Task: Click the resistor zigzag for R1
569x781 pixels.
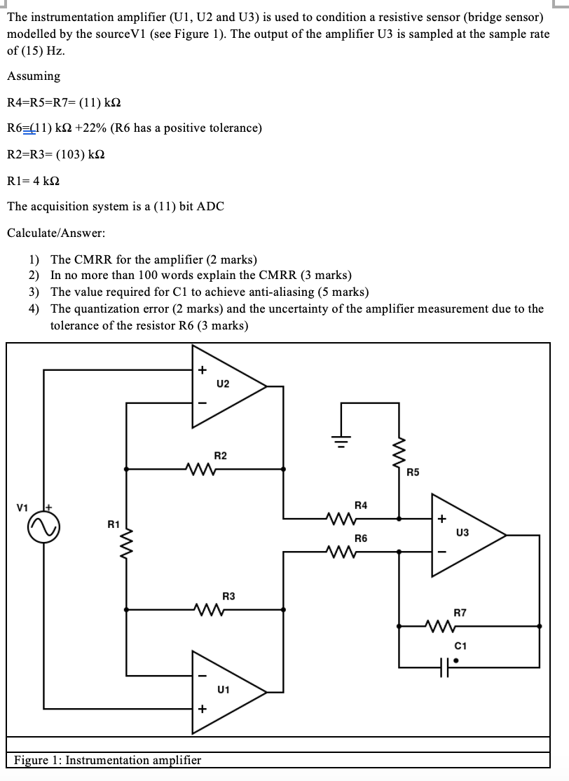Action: [x=126, y=541]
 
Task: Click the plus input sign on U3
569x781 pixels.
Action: [x=441, y=519]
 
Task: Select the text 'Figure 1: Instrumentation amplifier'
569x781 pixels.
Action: [x=108, y=760]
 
